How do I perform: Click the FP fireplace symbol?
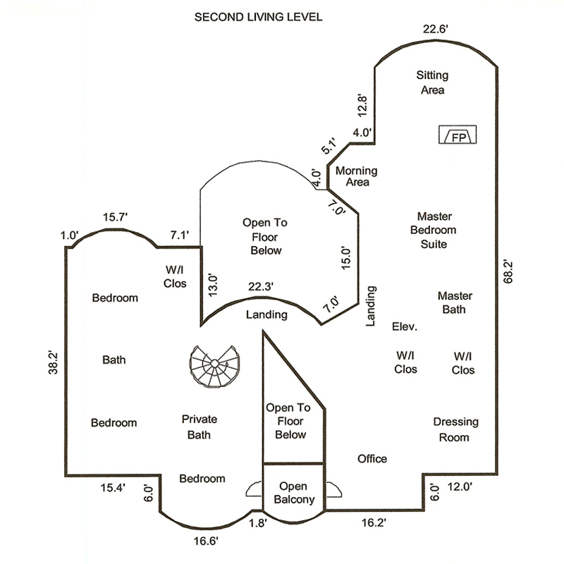(458, 135)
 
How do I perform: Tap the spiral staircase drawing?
(215, 366)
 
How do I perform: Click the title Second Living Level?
(258, 17)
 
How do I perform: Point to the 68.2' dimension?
(508, 271)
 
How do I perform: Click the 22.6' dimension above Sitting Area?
(435, 29)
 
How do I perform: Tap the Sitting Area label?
(432, 82)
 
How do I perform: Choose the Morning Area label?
(357, 176)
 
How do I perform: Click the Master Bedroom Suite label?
(434, 231)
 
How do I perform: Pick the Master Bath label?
(455, 302)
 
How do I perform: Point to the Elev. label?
(405, 326)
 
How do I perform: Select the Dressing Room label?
(455, 429)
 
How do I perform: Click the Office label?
(372, 459)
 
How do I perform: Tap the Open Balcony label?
(294, 493)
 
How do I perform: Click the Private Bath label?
(200, 427)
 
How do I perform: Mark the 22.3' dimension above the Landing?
(261, 287)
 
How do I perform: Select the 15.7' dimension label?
(115, 217)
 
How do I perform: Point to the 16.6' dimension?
(206, 541)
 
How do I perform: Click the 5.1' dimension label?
(329, 145)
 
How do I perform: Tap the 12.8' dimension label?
(362, 105)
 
